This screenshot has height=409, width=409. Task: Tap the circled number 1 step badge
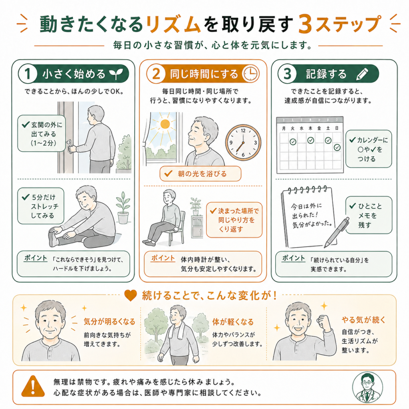[28, 74]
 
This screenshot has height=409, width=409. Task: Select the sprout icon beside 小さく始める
[116, 74]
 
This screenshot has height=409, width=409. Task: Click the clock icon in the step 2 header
[251, 73]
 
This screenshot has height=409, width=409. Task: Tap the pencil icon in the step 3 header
[362, 74]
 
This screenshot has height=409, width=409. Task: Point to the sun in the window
[165, 124]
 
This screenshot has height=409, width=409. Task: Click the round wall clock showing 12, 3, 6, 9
[243, 143]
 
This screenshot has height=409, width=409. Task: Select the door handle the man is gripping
[70, 147]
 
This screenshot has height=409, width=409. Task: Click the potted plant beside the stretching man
[123, 208]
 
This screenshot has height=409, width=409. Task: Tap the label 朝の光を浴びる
[202, 174]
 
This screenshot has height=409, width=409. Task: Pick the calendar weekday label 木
[310, 128]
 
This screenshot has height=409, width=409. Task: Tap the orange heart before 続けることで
[131, 296]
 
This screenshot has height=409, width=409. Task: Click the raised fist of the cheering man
[324, 322]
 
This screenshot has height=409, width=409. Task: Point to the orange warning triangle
[33, 386]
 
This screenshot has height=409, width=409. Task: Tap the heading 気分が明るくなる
[109, 322]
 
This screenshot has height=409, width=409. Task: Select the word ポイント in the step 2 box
[163, 258]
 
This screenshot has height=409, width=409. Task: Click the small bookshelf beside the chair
[197, 226]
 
